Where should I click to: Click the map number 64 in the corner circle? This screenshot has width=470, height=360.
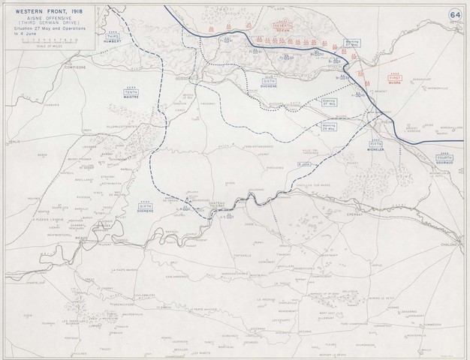tap(455, 14)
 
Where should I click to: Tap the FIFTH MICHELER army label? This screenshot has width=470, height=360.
tap(375, 145)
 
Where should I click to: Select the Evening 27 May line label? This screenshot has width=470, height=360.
tap(327, 103)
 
